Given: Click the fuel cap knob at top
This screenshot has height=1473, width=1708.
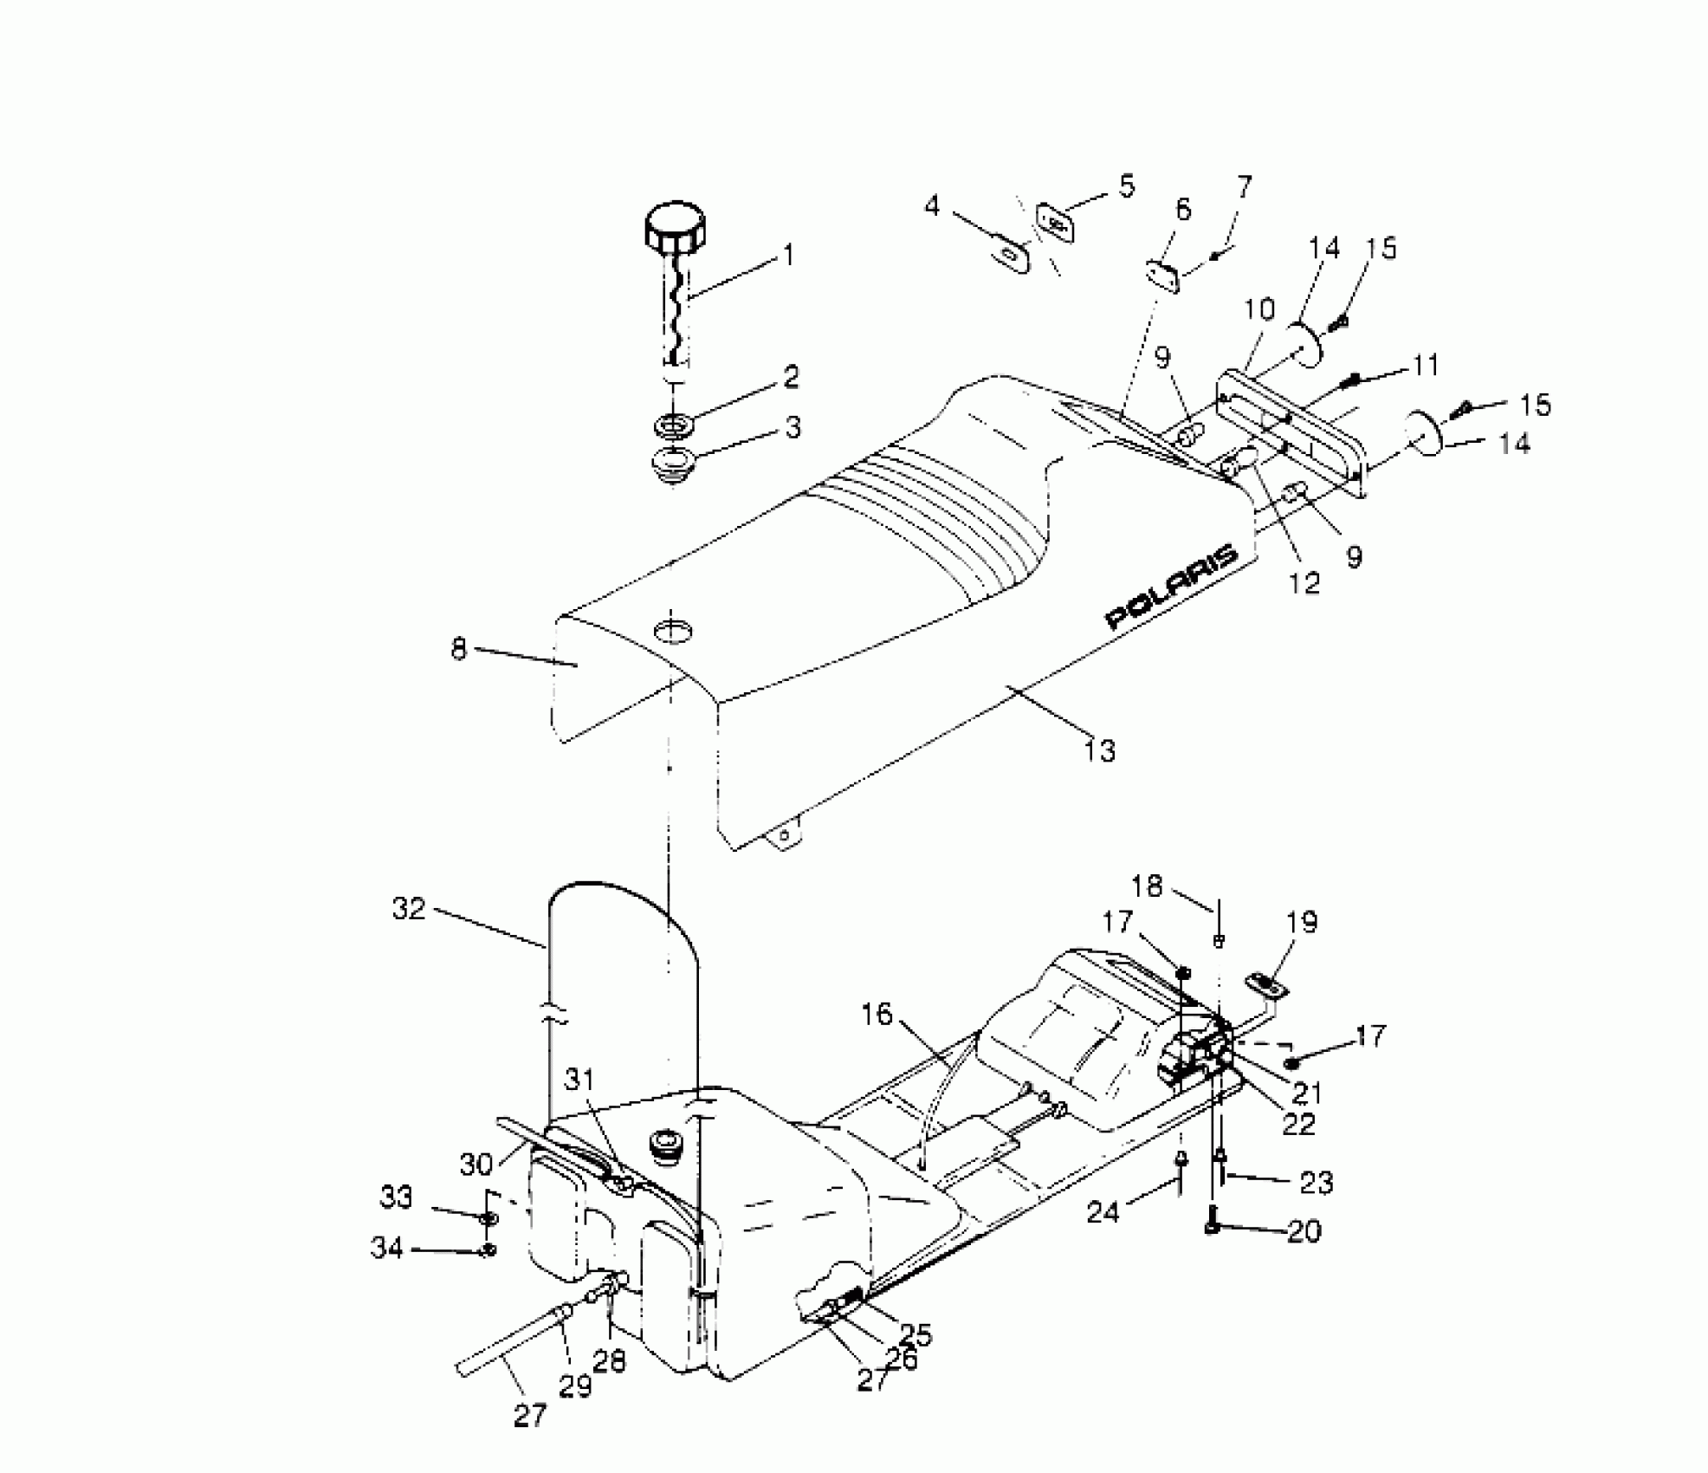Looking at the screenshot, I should point(675,228).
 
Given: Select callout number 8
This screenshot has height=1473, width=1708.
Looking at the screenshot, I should point(458,648).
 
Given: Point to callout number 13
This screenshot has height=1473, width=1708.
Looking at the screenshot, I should point(1099,750).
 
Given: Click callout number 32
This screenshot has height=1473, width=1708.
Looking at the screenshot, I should point(409,909).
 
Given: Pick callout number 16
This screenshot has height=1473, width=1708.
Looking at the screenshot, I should point(877,1014).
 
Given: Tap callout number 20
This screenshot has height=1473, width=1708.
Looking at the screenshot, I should point(1304,1231).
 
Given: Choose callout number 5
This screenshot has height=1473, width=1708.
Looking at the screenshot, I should point(1126,186).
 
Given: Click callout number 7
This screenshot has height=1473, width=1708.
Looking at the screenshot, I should point(1245,187).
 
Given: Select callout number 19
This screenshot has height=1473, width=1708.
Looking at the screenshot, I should point(1303,923).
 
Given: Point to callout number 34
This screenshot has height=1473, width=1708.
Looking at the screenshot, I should point(387,1249).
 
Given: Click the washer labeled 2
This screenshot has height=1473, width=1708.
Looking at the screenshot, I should point(675,425).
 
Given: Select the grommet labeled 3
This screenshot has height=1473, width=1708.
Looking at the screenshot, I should point(674,465).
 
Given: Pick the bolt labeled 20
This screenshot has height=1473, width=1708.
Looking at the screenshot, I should point(1213,1224).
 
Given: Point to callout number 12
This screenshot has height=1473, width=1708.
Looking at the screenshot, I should point(1304,583).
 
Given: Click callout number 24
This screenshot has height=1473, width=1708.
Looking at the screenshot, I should point(1103,1212).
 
